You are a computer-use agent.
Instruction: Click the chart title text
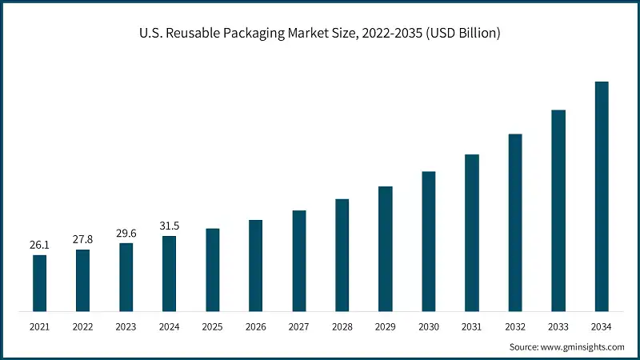point(320,33)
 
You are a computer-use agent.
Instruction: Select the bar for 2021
point(39,282)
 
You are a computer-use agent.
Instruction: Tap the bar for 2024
point(169,273)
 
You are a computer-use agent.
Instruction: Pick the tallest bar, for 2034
point(602,196)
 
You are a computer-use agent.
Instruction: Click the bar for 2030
point(429,241)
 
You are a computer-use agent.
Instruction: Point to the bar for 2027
point(299,260)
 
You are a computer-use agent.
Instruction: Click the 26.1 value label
point(39,245)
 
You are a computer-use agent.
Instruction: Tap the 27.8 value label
point(82,239)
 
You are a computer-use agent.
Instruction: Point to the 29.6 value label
point(126,233)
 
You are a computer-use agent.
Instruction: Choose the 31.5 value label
point(169,226)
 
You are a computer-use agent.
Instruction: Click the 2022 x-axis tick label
point(82,327)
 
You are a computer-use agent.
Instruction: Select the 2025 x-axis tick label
point(212,327)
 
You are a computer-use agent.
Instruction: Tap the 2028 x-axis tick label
point(342,327)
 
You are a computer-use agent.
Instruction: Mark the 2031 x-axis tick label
point(472,327)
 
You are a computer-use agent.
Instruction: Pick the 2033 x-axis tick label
point(558,327)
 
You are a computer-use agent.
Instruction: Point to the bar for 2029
point(386,248)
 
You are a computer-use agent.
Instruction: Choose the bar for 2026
point(255,265)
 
